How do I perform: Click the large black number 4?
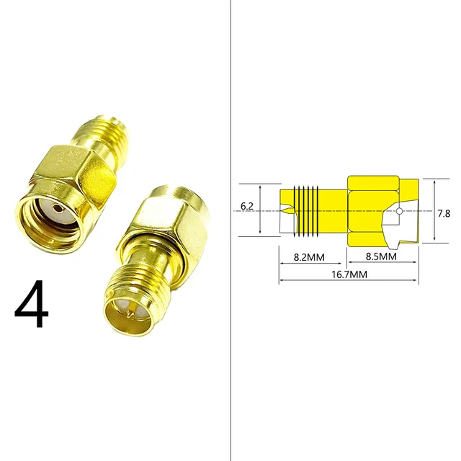click(x=32, y=305)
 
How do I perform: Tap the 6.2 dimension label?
click(x=247, y=206)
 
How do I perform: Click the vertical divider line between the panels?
click(x=229, y=230)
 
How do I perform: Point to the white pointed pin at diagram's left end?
click(x=286, y=212)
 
